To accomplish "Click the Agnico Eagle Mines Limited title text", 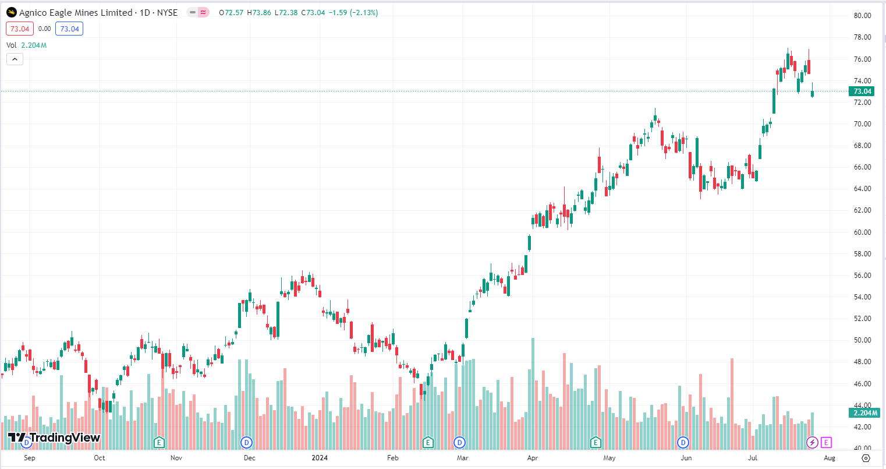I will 76,12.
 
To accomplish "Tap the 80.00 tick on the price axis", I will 862,16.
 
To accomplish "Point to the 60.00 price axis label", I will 862,232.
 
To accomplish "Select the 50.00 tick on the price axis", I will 862,340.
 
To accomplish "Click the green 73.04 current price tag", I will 862,91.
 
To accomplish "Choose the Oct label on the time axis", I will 100,458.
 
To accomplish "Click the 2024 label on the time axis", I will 320,458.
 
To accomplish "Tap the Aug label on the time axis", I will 830,458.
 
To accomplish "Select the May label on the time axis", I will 609,458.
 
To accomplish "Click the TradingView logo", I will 54,438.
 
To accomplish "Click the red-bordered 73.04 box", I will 20,29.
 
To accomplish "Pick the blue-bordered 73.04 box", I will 69,29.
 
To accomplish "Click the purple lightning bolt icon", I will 812,443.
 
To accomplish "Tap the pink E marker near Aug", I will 827,443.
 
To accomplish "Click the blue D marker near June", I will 683,443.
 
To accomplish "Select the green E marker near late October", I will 159,443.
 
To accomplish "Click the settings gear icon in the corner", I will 866,458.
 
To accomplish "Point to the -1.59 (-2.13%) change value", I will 353,12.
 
